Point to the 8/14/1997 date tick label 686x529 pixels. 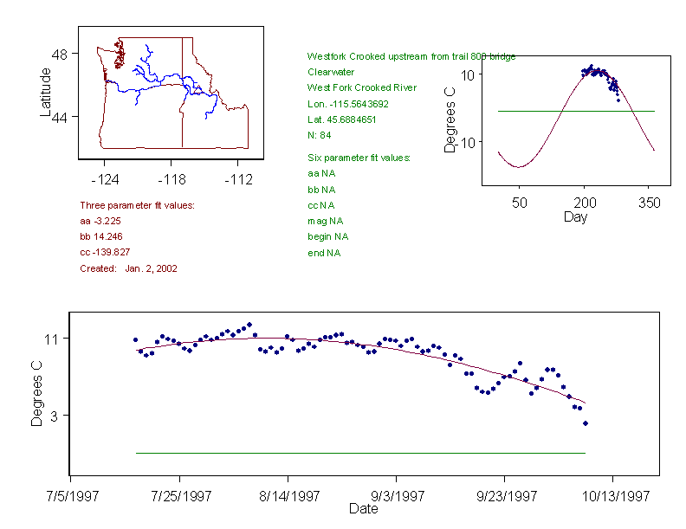[x=288, y=497]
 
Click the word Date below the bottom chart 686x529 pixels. [x=363, y=509]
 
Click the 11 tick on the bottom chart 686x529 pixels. [x=51, y=339]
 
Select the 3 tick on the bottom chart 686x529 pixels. [x=55, y=416]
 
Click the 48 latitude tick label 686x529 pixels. [x=60, y=54]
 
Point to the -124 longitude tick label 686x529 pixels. [x=105, y=180]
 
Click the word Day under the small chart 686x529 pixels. [x=574, y=216]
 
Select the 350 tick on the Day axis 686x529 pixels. [x=649, y=203]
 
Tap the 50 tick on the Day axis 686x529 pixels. [x=519, y=203]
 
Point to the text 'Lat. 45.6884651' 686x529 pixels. [x=342, y=119]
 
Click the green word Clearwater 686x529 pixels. [x=331, y=72]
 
